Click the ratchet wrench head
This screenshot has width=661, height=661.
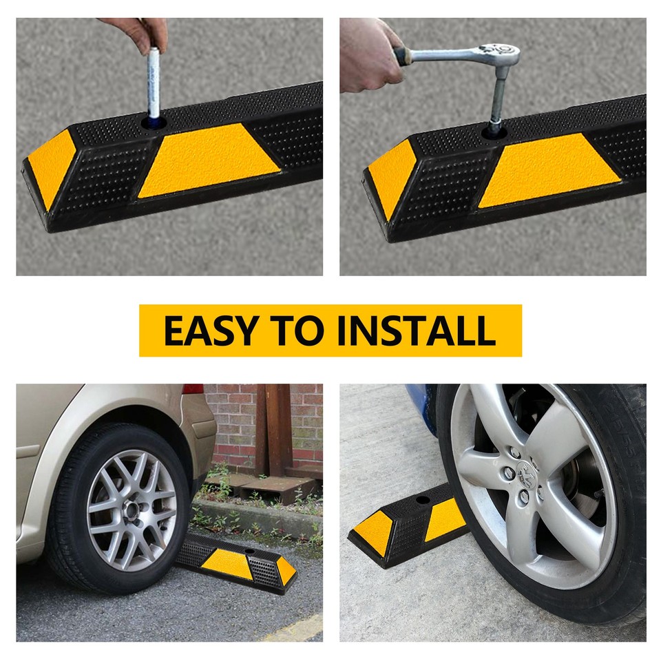[500, 53]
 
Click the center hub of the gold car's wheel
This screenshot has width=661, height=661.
[131, 510]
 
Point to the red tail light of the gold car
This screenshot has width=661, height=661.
[193, 389]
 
